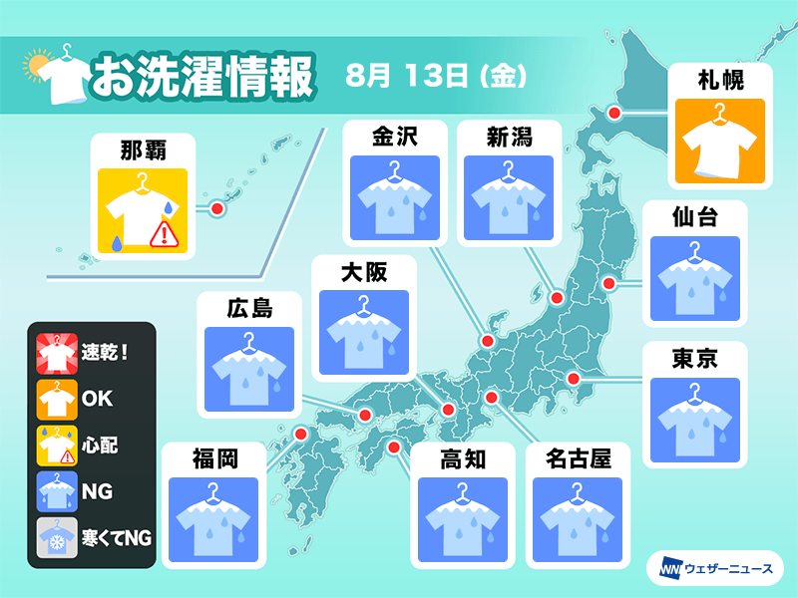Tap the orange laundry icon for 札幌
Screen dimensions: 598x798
719,141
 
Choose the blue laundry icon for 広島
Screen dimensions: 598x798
249,370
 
